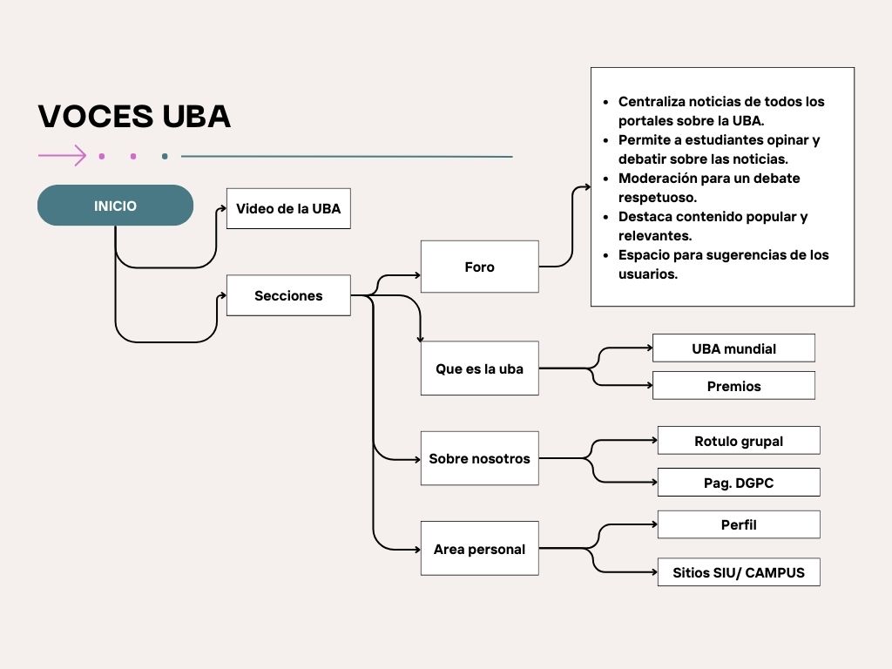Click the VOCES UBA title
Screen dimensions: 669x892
[x=134, y=116]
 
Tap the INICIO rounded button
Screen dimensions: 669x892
[x=115, y=206]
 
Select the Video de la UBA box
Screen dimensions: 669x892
[x=288, y=209]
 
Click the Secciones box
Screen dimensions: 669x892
[x=288, y=295]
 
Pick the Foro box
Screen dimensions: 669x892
[x=479, y=267]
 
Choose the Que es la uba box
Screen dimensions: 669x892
[x=479, y=368]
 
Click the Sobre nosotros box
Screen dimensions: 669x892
[x=479, y=458]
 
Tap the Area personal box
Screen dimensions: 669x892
[x=479, y=549]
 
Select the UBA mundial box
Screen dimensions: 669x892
[x=733, y=348]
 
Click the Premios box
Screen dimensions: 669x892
[x=733, y=386]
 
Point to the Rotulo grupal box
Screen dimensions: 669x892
[x=739, y=441]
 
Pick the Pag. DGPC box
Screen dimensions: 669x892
[x=739, y=483]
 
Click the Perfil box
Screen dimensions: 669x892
[x=739, y=524]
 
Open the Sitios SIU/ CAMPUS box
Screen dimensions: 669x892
[x=739, y=572]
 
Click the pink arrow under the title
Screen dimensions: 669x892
[x=63, y=156]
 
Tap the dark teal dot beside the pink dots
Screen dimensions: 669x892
[x=165, y=157]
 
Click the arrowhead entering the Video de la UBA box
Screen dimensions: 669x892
[x=222, y=209]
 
